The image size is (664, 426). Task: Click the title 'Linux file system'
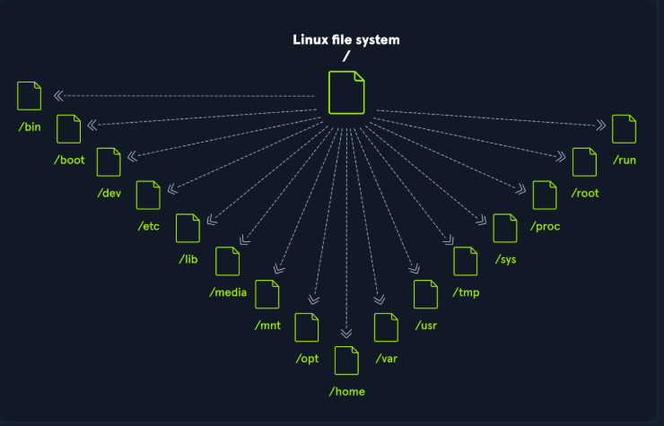point(346,39)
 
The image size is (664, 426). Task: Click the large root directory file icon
point(346,92)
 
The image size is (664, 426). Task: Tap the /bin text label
point(30,126)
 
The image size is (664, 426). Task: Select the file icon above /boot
point(69,129)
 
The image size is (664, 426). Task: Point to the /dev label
point(109,193)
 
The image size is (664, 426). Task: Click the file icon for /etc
point(148,195)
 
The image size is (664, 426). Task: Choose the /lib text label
point(188,258)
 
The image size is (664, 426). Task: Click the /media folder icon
point(228,261)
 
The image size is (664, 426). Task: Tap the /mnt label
point(267,325)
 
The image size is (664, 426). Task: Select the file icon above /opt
point(307,327)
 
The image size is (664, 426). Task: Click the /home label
point(346,392)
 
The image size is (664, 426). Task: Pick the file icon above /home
point(346,361)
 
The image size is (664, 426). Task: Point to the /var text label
point(386,359)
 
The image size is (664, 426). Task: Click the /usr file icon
point(425,294)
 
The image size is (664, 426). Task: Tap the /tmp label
point(466,292)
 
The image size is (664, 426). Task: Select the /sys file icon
point(505,229)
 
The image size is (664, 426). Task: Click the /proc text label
point(545,226)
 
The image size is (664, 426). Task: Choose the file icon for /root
point(584,162)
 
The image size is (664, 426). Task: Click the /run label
point(624,161)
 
